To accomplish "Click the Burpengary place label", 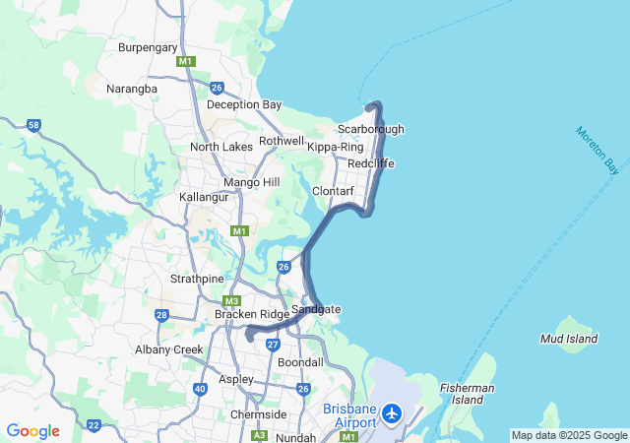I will tap(148, 47).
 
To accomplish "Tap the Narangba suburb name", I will tap(131, 89).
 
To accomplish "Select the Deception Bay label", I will tap(244, 105).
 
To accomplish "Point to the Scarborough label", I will tap(370, 129).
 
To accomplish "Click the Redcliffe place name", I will tap(371, 162).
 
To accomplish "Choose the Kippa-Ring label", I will tap(336, 147).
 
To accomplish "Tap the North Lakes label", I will tap(221, 147).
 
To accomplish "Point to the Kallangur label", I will tap(204, 197).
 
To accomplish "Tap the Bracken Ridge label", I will tap(252, 314).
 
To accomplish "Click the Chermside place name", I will tap(258, 414).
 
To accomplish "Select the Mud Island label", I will tap(569, 339).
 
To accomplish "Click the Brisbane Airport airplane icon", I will tap(393, 413).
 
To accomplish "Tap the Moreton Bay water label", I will tap(598, 150).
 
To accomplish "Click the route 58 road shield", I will tap(34, 125).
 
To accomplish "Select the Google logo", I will tap(32, 431).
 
